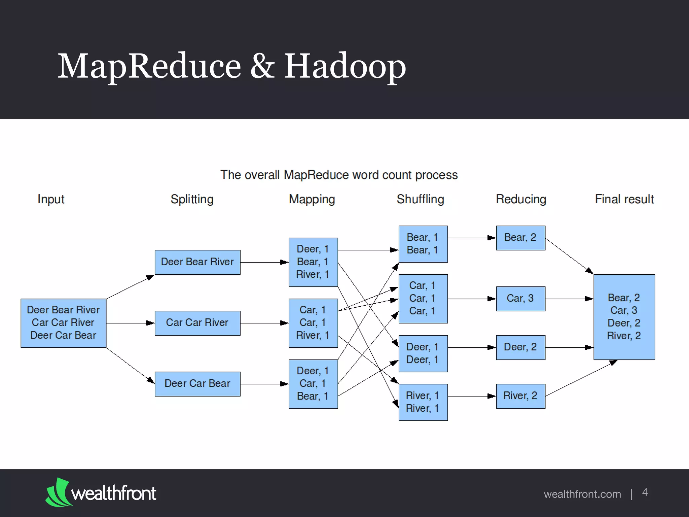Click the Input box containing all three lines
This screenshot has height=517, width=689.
click(x=63, y=323)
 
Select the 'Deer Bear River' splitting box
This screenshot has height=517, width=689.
click(x=197, y=262)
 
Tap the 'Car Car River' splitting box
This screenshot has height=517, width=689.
click(x=197, y=323)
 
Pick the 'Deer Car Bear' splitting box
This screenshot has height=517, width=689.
click(x=197, y=384)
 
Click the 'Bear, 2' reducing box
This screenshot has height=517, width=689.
click(x=520, y=238)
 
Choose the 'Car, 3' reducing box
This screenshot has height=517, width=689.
click(x=520, y=299)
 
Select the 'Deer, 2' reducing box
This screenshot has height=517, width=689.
click(x=520, y=347)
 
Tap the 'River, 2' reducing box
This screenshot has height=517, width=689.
click(x=520, y=396)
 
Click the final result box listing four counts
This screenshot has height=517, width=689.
click(x=624, y=317)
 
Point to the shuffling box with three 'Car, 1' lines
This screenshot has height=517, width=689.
click(x=423, y=299)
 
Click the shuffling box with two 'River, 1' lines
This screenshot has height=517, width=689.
click(x=423, y=402)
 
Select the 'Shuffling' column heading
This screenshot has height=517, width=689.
click(x=420, y=199)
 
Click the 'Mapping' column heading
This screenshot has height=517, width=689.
click(x=312, y=199)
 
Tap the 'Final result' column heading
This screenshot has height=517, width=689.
click(x=624, y=199)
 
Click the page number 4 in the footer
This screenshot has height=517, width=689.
click(x=645, y=492)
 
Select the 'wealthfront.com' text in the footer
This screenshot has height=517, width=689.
click(x=582, y=494)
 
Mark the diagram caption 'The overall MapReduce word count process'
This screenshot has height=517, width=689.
click(x=339, y=175)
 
